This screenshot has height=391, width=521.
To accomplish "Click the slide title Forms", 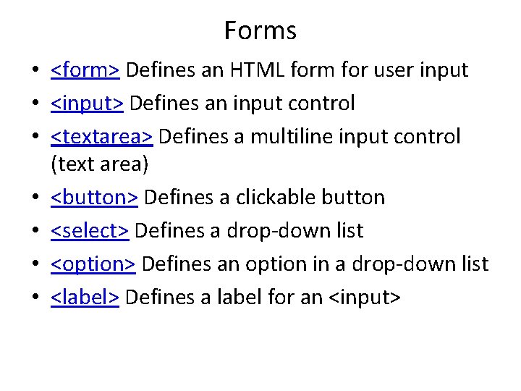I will point(260,30).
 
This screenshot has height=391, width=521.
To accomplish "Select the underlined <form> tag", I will point(85,70).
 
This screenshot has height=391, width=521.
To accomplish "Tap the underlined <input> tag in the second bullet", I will point(87,104).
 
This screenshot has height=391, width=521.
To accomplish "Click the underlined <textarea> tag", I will point(101,137).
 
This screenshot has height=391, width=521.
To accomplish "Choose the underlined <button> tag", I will point(95,198).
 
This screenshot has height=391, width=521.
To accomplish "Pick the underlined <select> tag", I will point(90,231).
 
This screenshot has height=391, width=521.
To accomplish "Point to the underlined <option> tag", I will point(93,264).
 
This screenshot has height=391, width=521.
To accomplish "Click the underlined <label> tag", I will point(85,297).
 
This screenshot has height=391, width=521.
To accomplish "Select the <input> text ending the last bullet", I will point(364,297).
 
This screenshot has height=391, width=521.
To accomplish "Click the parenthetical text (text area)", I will point(99,164).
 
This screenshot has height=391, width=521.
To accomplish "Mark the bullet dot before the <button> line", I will point(35,198).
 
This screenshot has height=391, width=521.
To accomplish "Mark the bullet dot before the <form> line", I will point(35,71).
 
